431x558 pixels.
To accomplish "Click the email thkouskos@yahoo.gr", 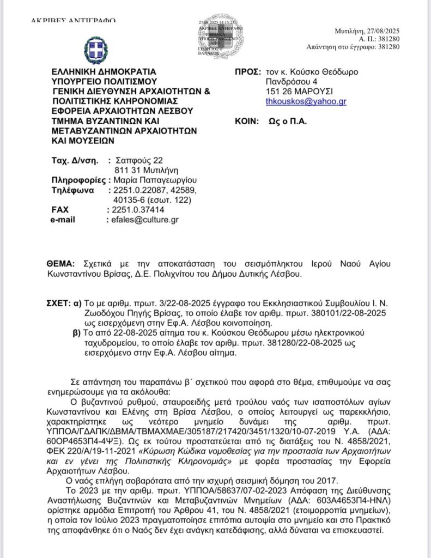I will pos(306,101).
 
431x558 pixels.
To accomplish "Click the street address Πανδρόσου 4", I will pos(291,82).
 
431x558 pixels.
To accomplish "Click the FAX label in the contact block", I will pos(59,210).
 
